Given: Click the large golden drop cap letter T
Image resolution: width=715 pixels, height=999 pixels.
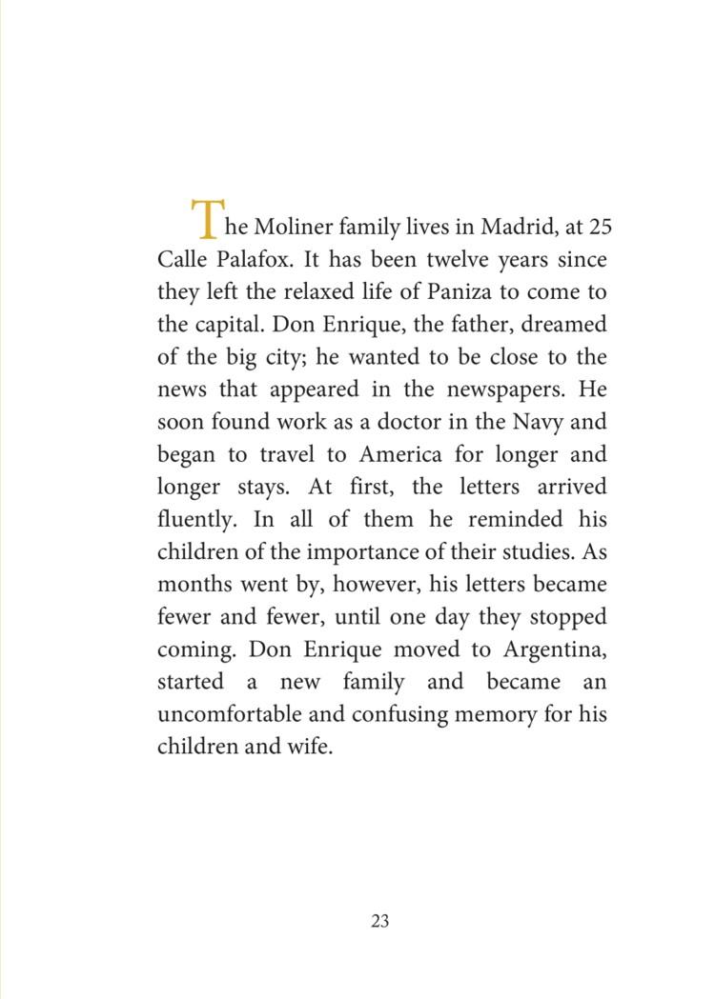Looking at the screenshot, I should pyautogui.click(x=205, y=219).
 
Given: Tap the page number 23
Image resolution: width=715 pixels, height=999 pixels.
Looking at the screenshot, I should pyautogui.click(x=379, y=921).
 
